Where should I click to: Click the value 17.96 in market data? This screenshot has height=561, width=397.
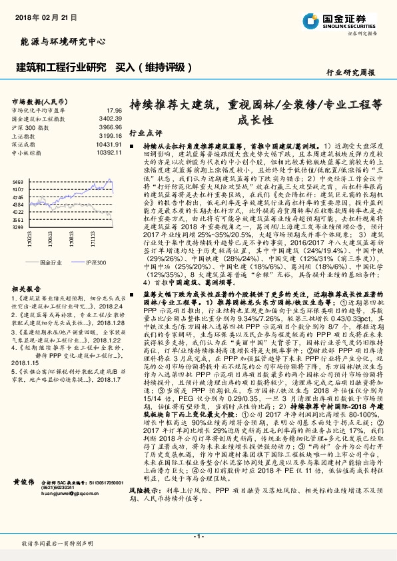(113, 109)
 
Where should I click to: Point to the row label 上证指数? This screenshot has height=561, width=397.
(24, 135)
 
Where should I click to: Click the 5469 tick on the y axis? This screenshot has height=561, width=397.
(18, 181)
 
